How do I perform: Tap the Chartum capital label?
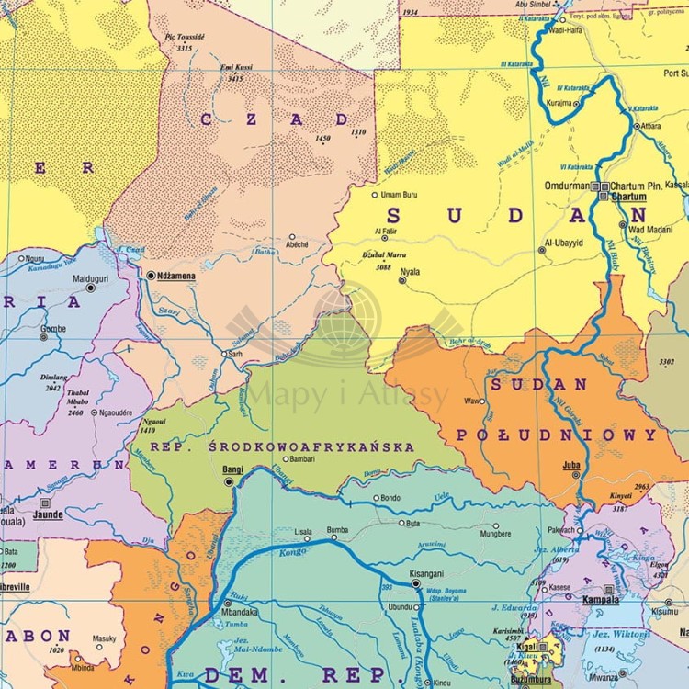628,197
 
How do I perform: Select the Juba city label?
570,464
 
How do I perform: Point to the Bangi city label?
233,469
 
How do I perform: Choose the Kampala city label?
601,600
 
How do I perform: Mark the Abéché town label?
297,245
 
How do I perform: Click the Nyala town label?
410,272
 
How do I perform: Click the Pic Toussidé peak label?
184,37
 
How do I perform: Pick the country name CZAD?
275,119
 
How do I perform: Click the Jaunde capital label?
48,516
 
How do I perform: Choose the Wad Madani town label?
652,229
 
